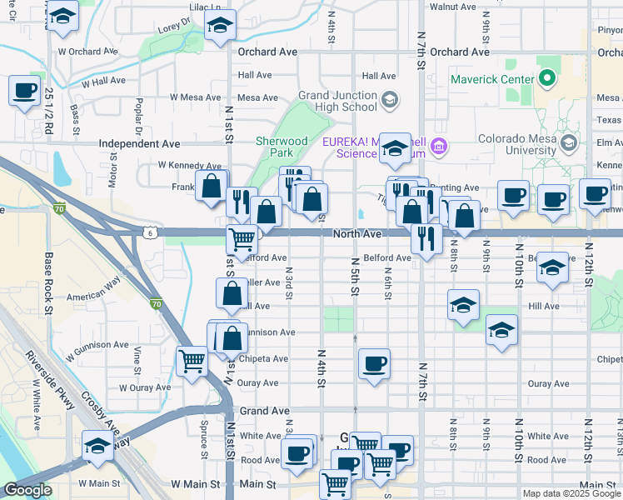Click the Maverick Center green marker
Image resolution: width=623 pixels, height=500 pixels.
point(547,80)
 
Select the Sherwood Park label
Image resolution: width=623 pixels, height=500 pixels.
point(282,147)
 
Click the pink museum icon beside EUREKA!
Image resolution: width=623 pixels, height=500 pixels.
point(439,148)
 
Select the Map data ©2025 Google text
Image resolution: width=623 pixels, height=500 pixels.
point(571,493)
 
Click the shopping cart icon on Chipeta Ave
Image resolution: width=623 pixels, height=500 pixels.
point(192,362)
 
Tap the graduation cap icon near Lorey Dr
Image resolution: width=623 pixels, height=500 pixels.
point(220,27)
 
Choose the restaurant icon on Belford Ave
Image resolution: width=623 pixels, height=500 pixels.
point(427,238)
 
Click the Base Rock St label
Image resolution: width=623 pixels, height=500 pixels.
point(49,284)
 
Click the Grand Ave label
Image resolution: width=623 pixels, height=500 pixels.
point(264,411)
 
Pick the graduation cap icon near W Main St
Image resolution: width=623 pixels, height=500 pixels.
point(97,447)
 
